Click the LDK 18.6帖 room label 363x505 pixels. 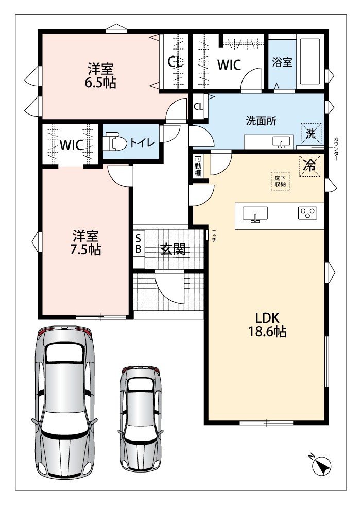(x=267, y=324)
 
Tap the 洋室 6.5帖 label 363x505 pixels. (x=100, y=76)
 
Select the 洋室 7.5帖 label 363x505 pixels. (x=85, y=242)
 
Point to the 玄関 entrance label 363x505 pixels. (x=173, y=249)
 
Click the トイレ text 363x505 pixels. (x=142, y=143)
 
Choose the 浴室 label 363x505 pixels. (x=282, y=62)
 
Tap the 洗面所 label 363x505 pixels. (x=261, y=121)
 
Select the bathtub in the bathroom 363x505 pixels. (x=310, y=61)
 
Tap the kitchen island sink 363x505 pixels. (x=255, y=214)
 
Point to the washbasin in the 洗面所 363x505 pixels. (x=281, y=142)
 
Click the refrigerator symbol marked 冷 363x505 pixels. (x=310, y=166)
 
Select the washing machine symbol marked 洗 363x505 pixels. (x=310, y=133)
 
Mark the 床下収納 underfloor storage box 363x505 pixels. (x=280, y=182)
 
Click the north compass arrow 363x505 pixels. (x=321, y=465)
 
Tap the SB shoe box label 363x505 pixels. (x=139, y=243)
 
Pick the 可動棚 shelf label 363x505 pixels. (x=198, y=166)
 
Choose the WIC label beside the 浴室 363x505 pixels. (x=229, y=65)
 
